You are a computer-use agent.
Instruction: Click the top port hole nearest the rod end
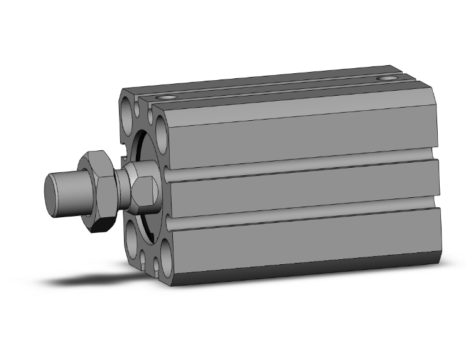167,98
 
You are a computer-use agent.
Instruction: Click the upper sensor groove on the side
301,165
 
